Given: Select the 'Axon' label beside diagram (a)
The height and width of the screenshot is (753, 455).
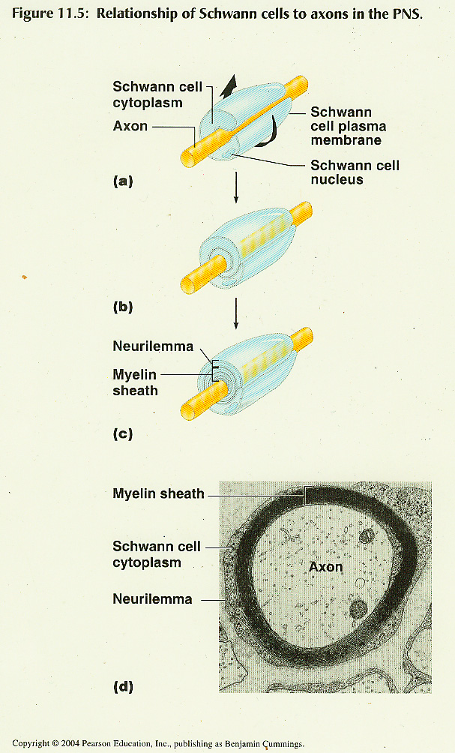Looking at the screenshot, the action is [130, 126].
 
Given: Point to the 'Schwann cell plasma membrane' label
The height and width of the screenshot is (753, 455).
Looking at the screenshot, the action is [349, 126].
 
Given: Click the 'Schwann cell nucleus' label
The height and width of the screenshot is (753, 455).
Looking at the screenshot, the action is [355, 172].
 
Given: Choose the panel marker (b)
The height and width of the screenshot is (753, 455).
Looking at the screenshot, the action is [123, 307].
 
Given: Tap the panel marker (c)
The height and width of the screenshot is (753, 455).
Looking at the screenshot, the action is [123, 434].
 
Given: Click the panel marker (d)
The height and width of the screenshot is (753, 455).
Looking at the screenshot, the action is [123, 687].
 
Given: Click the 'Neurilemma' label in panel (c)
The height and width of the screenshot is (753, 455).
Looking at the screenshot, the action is [153, 346].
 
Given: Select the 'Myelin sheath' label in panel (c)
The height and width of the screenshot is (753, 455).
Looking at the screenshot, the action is [136, 382].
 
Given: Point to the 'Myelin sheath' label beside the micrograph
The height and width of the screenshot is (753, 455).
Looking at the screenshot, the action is [158, 493].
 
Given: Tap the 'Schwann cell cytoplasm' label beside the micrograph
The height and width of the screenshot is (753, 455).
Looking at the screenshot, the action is [157, 554].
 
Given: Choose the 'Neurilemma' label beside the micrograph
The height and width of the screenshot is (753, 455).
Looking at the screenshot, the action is [152, 598].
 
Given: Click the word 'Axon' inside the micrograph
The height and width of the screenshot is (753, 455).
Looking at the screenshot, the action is [326, 567].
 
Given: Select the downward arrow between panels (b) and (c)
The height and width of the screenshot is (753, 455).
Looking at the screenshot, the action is [235, 313].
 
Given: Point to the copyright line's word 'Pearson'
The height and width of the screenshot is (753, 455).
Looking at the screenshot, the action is [96, 743].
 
